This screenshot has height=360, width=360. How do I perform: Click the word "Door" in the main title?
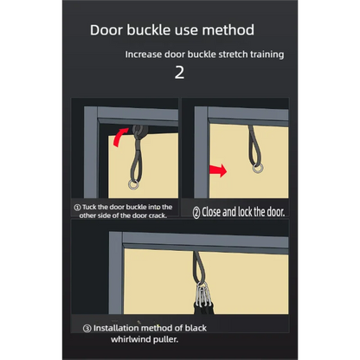106,30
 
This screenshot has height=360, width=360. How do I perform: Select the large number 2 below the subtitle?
179,73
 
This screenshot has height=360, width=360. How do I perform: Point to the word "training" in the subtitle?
267,55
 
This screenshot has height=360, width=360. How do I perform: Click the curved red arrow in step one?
120,137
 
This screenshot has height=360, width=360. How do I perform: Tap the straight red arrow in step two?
218,170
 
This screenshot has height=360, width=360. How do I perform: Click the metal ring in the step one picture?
134,185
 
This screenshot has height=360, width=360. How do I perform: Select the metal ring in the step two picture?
258,168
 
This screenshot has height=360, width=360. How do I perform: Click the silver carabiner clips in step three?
203,295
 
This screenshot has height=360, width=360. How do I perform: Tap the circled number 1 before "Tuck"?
77,208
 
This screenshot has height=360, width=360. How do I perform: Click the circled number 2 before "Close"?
196,213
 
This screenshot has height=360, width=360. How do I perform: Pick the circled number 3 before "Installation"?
87,329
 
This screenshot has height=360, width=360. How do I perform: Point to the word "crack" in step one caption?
157,215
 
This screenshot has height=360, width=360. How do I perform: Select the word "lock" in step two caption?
245,212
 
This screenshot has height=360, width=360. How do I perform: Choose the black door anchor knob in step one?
140,132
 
